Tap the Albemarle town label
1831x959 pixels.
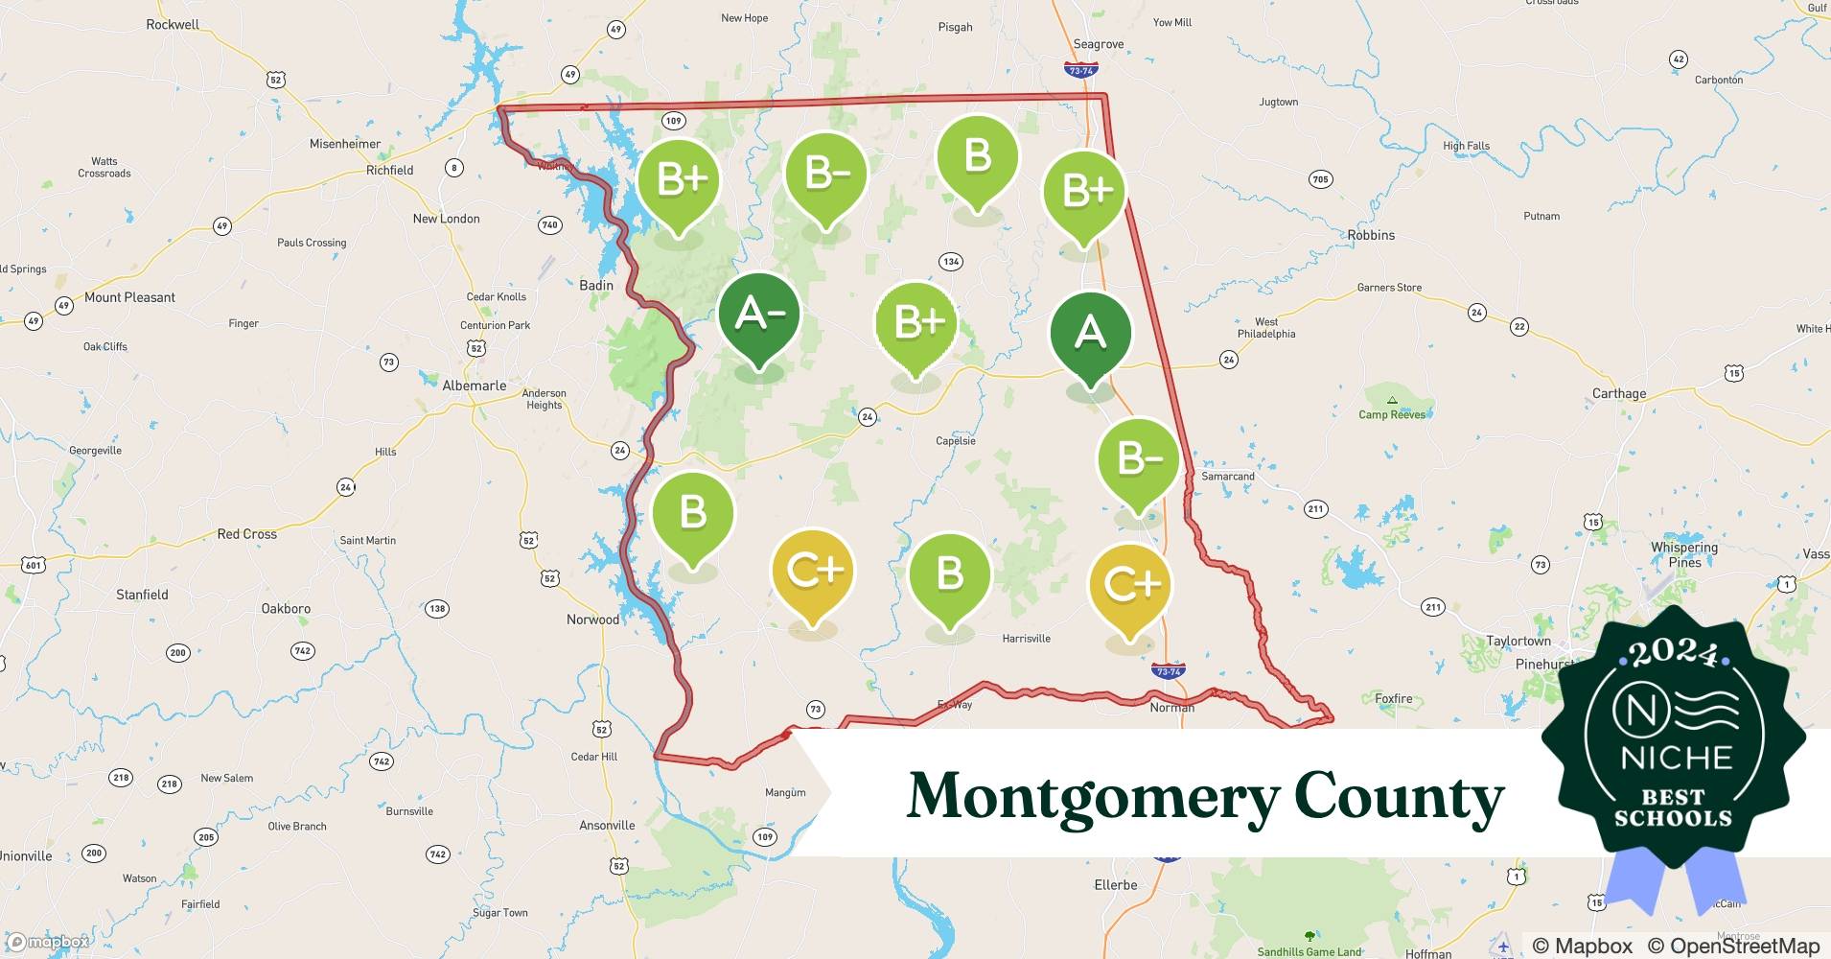[474, 386]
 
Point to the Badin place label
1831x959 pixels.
[596, 285]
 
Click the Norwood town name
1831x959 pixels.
[592, 620]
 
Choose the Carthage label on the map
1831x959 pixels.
[1619, 393]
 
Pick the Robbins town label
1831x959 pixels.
[1371, 235]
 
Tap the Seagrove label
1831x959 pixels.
[1099, 44]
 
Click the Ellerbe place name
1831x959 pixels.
[1116, 884]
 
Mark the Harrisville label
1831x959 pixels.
[1026, 639]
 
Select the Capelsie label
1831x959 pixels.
[956, 441]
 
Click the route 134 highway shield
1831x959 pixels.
[951, 262]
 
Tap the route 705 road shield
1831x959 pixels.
[1320, 179]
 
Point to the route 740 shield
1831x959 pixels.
[549, 225]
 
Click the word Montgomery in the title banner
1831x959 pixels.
[1093, 796]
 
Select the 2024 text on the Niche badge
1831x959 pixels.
[1673, 654]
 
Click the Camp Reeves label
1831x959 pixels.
[1392, 414]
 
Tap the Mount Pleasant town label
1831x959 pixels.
[129, 297]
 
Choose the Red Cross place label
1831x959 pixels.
[246, 534]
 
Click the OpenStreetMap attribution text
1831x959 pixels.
[1733, 946]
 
